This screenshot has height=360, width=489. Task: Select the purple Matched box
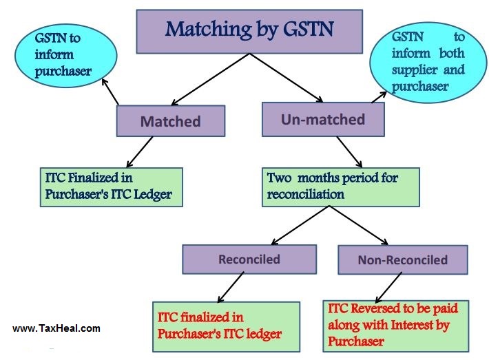[x=171, y=121]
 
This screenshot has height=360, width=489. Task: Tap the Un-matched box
[x=323, y=120]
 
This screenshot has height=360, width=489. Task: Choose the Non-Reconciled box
[x=402, y=260]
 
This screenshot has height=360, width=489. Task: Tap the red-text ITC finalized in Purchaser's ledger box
[x=226, y=326]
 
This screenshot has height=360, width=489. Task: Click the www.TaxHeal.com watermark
[x=56, y=328]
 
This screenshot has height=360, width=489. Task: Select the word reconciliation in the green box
[x=306, y=194]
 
